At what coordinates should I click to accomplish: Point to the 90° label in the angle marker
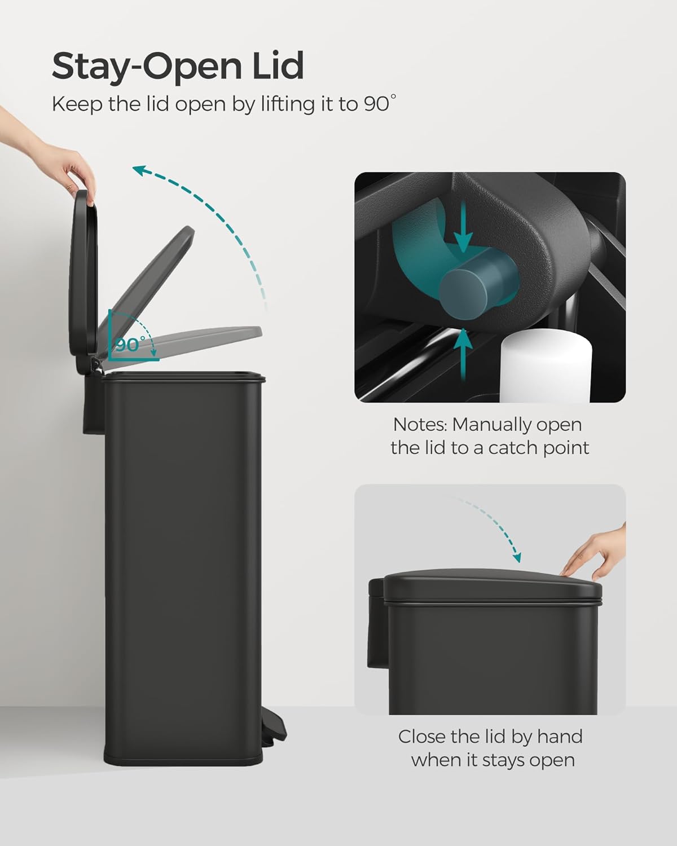(130, 345)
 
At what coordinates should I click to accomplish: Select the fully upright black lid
(85, 276)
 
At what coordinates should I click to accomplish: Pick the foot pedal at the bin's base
(277, 730)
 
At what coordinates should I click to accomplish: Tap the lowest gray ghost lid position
(186, 341)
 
